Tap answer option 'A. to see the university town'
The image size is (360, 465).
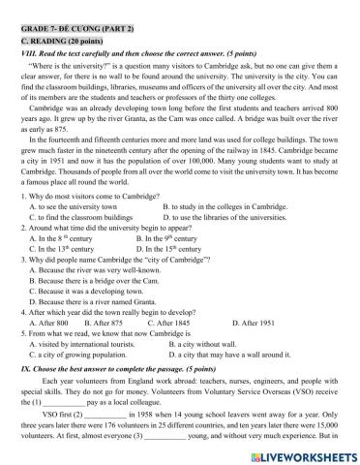[76, 233]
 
